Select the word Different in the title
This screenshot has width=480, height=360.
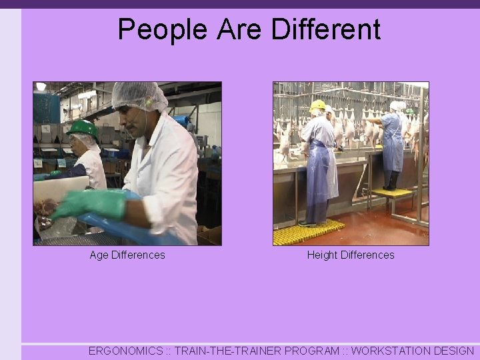[x=326, y=30]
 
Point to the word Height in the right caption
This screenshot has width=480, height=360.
[x=322, y=255]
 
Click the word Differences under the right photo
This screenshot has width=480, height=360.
[x=367, y=255]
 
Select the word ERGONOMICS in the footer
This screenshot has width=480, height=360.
[x=125, y=351]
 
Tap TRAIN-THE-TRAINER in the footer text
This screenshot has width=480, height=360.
[x=227, y=351]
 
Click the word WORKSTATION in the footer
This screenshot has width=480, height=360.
[x=391, y=351]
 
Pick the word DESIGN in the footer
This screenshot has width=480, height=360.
[x=454, y=351]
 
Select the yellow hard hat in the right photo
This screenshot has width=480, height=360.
[x=318, y=105]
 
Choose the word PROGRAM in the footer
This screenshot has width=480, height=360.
[x=315, y=351]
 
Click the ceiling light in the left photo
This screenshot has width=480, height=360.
[x=41, y=87]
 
